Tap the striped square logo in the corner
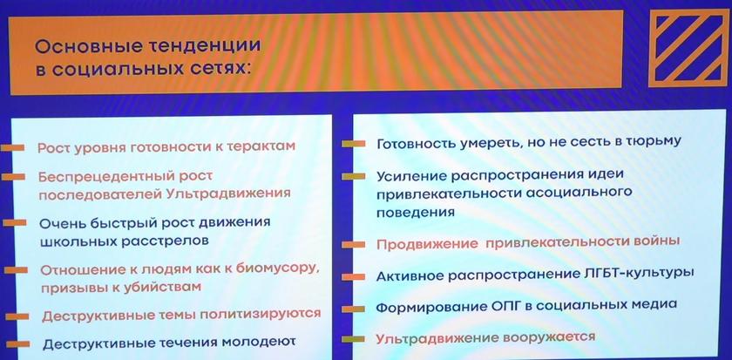[689, 49]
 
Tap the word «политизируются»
[260, 315]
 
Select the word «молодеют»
[258, 343]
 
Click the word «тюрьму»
[651, 142]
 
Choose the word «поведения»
[416, 212]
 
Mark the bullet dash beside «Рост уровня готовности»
[12, 147]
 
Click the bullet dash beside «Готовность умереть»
[354, 144]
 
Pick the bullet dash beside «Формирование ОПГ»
[354, 309]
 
